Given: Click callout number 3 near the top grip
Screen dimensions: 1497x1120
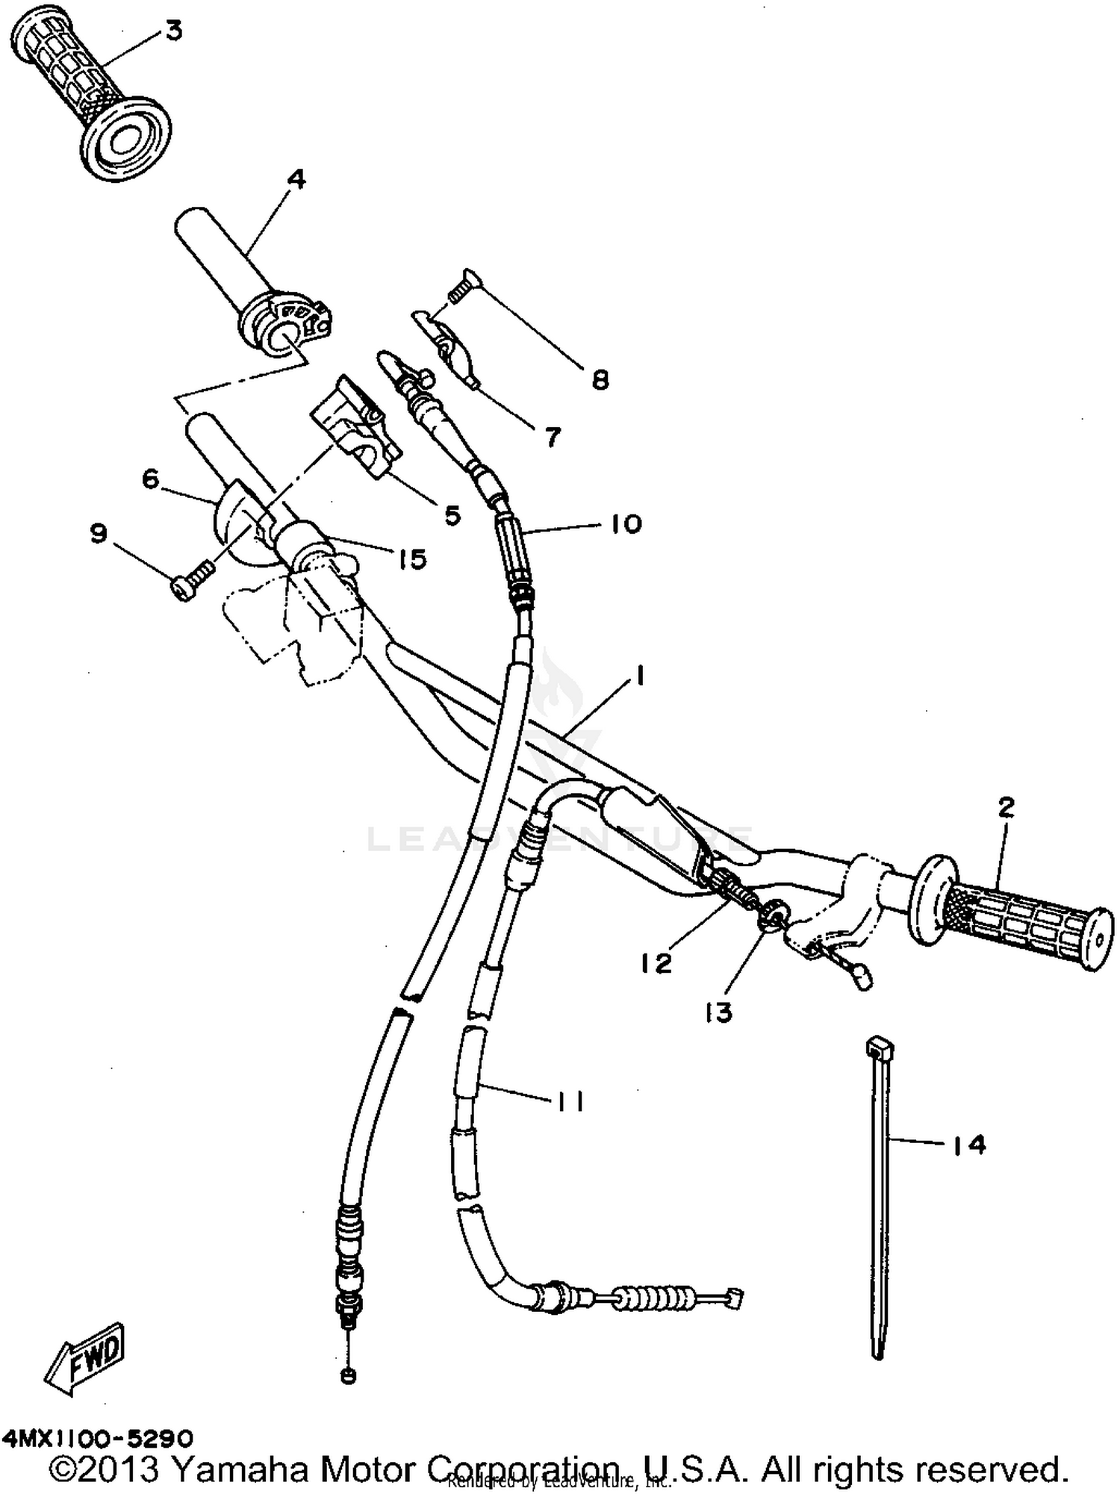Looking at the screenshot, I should pyautogui.click(x=173, y=32).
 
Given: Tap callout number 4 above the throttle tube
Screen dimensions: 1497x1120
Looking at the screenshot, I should pyautogui.click(x=296, y=179).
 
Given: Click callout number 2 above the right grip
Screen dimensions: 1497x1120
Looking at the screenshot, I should pyautogui.click(x=1006, y=807).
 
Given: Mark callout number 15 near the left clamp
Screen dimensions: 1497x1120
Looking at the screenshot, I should pyautogui.click(x=412, y=558).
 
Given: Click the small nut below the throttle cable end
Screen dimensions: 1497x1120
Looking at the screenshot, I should pyautogui.click(x=348, y=1376).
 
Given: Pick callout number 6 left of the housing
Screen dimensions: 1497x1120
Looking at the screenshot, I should pyautogui.click(x=150, y=479).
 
